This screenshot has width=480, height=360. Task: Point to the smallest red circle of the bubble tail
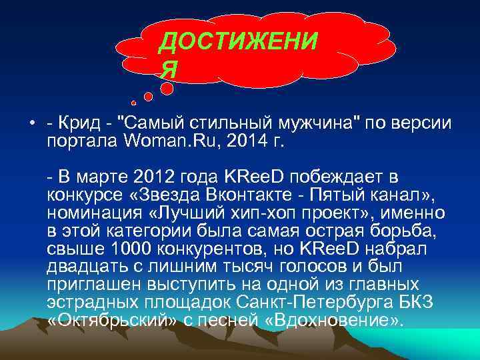point(133,103)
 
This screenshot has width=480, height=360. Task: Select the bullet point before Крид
point(31,124)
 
